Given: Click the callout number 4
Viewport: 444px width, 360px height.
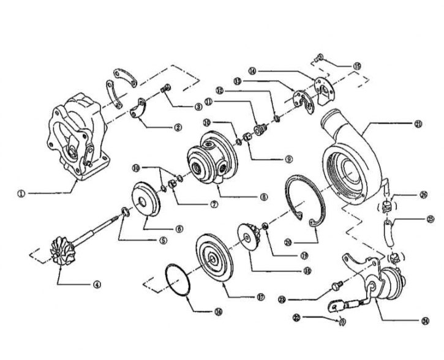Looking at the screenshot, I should coord(96,283).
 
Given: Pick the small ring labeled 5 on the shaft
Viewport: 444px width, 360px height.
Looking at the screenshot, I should coord(123,211).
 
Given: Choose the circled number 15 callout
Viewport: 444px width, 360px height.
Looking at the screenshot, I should coord(358,65).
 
